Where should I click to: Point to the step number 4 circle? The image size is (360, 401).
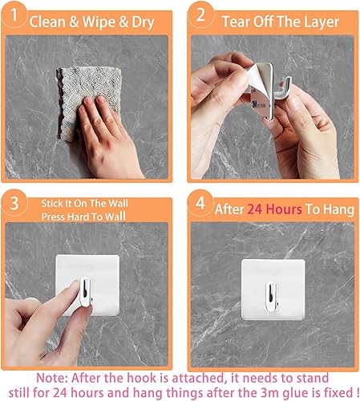tap(204, 204)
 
